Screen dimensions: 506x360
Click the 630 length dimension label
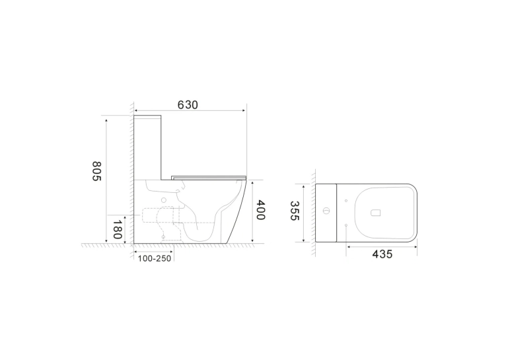[188, 105]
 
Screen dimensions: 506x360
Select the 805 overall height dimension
[97, 171]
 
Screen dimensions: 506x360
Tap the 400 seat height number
[260, 209]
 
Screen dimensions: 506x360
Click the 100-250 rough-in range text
[155, 258]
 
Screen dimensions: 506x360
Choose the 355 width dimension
[295, 211]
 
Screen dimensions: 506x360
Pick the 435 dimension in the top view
[382, 254]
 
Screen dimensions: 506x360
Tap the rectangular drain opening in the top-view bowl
[376, 213]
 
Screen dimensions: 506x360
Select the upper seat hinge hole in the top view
[346, 201]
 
